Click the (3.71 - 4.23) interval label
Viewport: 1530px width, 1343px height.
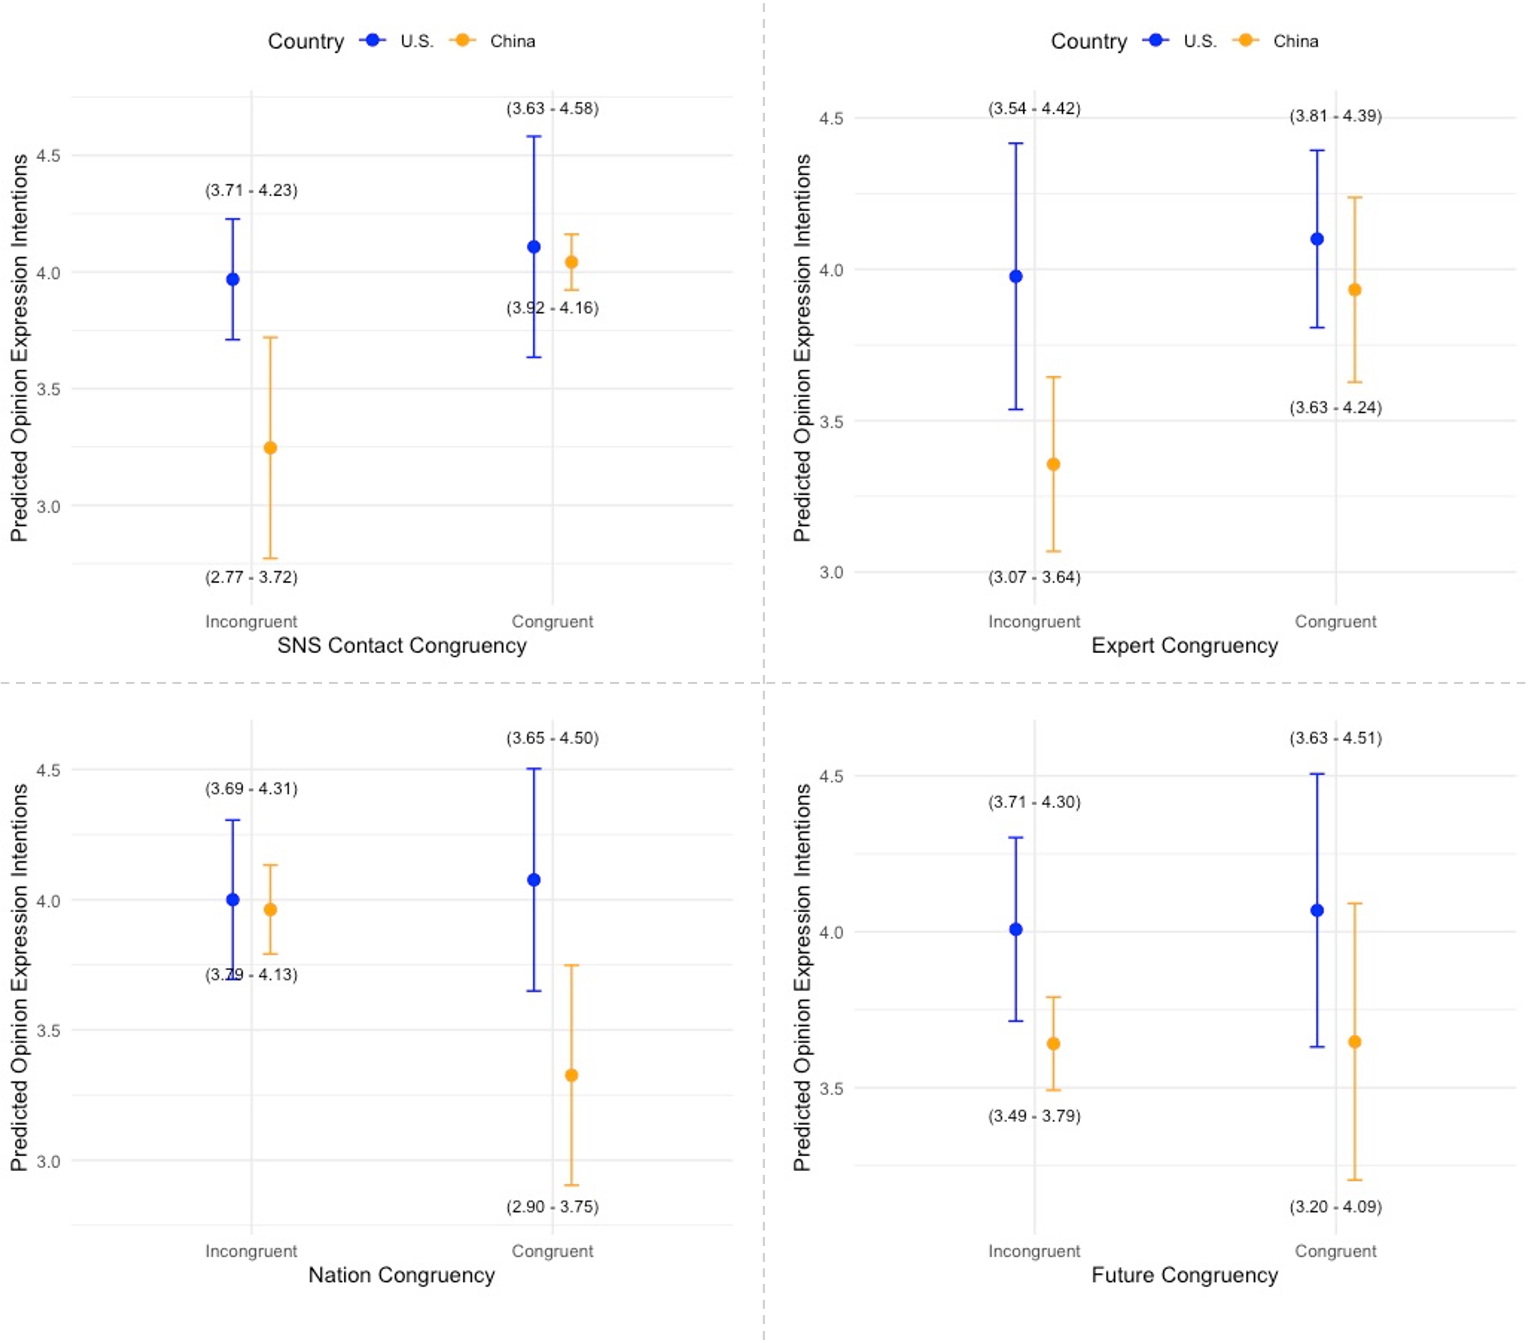(x=251, y=190)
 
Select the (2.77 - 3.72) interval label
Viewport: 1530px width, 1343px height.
(x=251, y=577)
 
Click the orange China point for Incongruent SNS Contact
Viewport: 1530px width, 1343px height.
(x=270, y=448)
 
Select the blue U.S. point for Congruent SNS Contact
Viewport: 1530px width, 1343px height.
(x=534, y=247)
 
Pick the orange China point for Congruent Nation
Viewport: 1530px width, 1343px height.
(x=571, y=1075)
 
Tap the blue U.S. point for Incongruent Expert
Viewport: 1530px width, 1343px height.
(x=1016, y=276)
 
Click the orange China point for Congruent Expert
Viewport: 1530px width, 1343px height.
(x=1354, y=290)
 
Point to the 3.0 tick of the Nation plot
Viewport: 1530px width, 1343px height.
(x=49, y=1161)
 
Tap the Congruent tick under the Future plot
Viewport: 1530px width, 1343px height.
(x=1335, y=1251)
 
